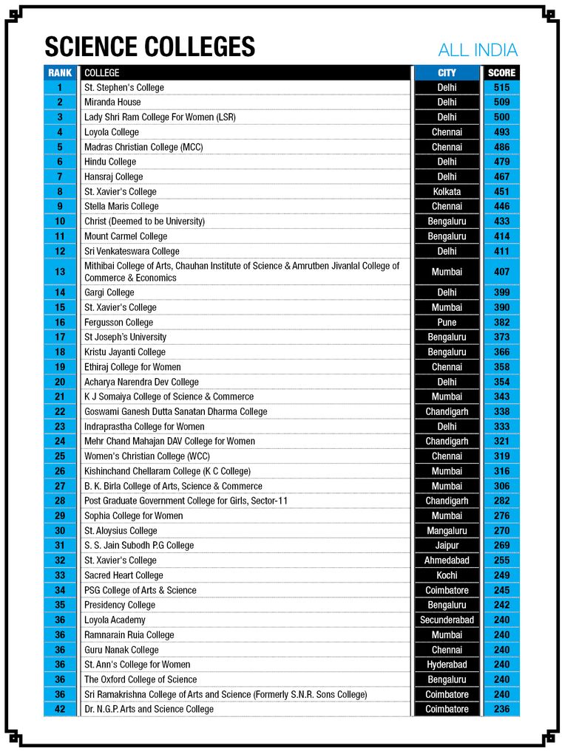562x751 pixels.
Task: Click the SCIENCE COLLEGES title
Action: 149,47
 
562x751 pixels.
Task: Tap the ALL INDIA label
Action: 478,50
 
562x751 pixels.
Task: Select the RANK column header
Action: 60,73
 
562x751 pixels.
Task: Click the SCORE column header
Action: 501,73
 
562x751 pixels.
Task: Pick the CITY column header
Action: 447,73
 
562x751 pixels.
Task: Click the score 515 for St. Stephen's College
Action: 501,87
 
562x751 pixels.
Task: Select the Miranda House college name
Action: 112,102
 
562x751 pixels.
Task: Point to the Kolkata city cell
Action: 447,191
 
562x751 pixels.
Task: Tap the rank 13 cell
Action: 60,272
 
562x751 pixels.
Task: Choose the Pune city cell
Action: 447,322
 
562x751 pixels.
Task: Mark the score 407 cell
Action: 501,272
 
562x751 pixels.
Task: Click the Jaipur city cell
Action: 447,545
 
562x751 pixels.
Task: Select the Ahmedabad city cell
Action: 447,560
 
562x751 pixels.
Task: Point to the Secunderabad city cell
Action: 447,620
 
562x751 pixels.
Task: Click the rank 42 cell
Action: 60,709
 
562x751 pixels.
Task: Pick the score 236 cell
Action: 501,709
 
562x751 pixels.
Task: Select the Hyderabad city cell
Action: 447,665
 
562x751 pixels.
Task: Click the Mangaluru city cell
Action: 447,530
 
